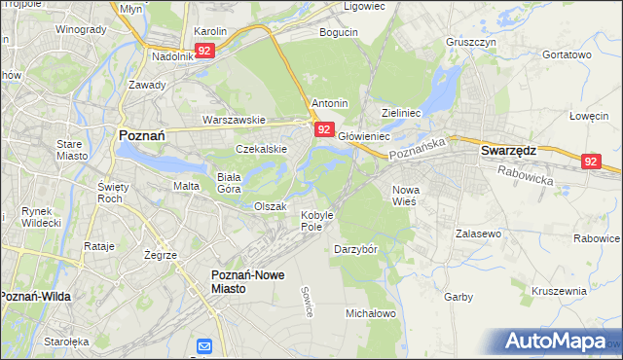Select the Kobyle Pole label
tap(316, 220)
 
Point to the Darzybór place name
tap(355, 248)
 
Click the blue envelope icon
tap(204, 346)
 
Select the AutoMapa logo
tap(556, 341)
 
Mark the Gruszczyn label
tap(471, 43)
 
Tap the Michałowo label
tap(370, 313)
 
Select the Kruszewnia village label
tap(559, 290)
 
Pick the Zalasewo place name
tap(478, 234)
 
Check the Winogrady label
tap(81, 29)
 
